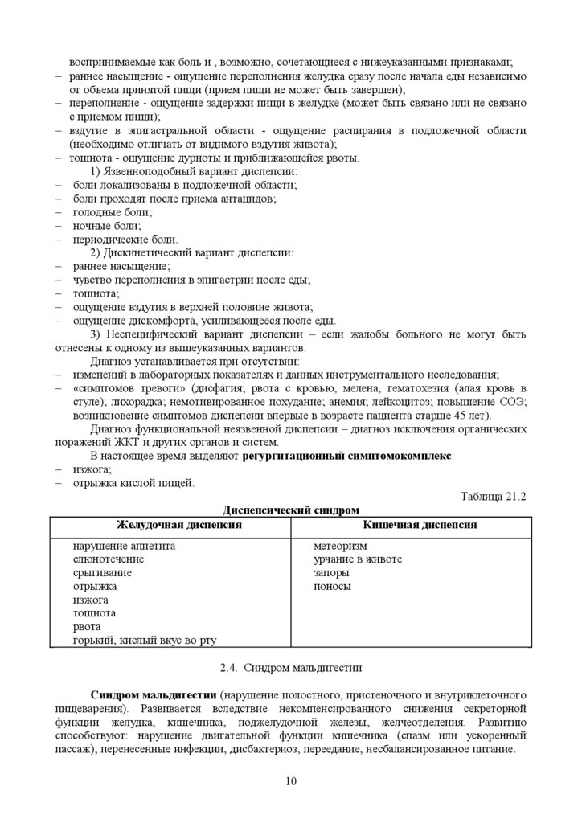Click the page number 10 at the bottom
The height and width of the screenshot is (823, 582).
pyautogui.click(x=290, y=781)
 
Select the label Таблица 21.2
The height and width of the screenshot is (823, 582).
pyautogui.click(x=493, y=496)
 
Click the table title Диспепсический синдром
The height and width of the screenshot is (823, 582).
pyautogui.click(x=290, y=510)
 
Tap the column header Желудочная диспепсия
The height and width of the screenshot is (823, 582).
pyautogui.click(x=169, y=525)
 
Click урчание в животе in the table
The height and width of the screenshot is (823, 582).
pyautogui.click(x=358, y=559)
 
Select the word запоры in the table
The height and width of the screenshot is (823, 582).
pyautogui.click(x=332, y=573)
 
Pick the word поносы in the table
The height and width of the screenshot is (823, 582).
pyautogui.click(x=333, y=587)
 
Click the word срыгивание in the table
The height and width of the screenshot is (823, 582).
pyautogui.click(x=102, y=573)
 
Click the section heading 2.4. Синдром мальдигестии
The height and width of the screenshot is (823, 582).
pyautogui.click(x=290, y=666)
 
